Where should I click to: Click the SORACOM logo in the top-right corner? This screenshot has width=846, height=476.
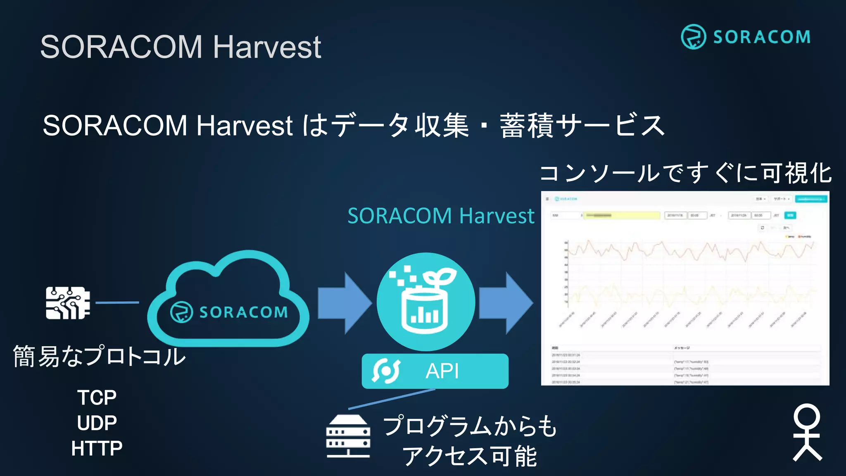(746, 37)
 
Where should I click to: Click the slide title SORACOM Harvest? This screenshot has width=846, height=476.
(181, 47)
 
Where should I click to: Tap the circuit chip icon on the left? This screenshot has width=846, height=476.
(68, 303)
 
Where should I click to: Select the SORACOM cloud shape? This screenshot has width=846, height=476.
(228, 302)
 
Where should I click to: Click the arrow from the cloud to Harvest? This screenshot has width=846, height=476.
(344, 303)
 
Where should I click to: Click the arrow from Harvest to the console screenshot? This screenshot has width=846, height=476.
(506, 303)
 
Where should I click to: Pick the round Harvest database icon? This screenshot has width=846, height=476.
(425, 302)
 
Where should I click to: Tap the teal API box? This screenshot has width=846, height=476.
(435, 371)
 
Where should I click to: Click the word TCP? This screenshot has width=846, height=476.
(97, 397)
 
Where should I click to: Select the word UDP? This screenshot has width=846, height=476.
(97, 423)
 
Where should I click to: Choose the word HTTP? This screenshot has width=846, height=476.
(97, 448)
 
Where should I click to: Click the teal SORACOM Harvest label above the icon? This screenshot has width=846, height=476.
(441, 216)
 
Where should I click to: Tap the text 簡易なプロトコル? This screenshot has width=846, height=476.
(99, 356)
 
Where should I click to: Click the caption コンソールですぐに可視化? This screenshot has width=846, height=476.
(685, 173)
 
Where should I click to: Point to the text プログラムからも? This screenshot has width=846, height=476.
(470, 426)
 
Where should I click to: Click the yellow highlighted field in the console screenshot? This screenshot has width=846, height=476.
(622, 215)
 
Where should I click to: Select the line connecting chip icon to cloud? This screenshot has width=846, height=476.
(117, 302)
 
